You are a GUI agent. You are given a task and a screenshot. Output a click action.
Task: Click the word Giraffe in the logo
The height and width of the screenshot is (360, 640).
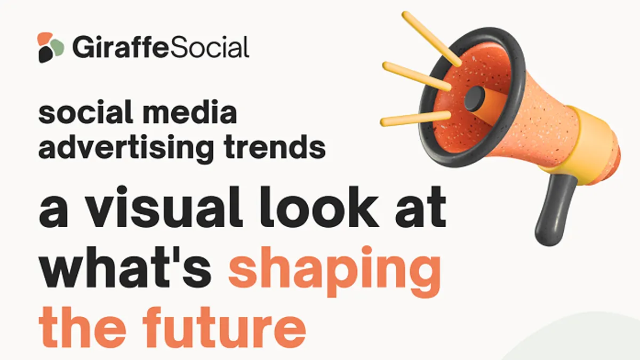coord(121,47)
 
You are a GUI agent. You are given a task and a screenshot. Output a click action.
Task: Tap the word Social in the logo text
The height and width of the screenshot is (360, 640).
coord(209,47)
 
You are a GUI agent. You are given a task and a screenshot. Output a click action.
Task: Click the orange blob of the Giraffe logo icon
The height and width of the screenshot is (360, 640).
coord(45,38)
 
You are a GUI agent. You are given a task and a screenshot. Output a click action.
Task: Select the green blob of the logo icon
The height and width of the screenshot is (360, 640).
coord(57,47)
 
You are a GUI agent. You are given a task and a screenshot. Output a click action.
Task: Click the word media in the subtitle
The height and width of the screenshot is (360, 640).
coord(189,111)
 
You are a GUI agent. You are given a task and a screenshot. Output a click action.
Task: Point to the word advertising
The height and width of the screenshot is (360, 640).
coord(126,148)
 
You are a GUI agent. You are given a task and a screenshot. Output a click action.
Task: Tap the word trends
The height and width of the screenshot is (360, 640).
coord(275,147)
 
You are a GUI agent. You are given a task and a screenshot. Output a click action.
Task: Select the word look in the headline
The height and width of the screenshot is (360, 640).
coord(319,206)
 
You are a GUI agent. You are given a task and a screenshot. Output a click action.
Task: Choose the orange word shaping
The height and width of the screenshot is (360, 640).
coord(334,271)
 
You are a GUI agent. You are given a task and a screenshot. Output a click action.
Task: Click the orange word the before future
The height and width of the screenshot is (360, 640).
coord(82,327)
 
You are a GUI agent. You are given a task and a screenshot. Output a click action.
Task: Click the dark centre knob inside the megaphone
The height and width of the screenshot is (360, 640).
coord(475,99)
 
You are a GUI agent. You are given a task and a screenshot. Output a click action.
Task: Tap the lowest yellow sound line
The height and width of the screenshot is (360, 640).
coord(415,118)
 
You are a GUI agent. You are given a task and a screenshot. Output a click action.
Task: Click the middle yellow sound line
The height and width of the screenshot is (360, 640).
coord(417,76)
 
